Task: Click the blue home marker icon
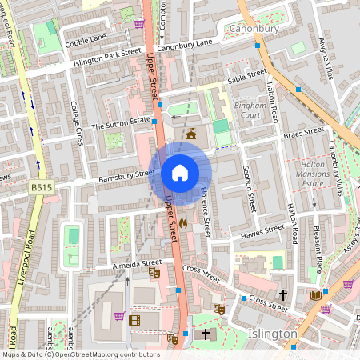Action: [180, 173]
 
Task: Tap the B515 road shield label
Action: [41, 187]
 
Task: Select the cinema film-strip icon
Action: [134, 321]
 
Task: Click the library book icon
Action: [315, 295]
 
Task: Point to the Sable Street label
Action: [246, 77]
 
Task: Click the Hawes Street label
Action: [262, 231]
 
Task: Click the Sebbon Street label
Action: [246, 190]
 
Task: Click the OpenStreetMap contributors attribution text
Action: [80, 354]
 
